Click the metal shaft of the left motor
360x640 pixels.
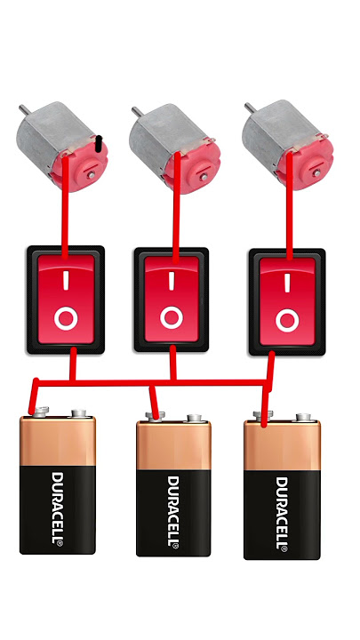tap(24, 109)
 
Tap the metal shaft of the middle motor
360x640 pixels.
tap(137, 111)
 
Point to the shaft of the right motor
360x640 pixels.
tap(250, 108)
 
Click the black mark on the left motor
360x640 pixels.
tap(98, 145)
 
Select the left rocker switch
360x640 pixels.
tap(65, 300)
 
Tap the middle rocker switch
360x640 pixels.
tap(172, 300)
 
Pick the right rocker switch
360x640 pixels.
tap(287, 301)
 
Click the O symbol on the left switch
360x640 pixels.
tap(66, 319)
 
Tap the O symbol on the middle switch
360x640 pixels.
tap(172, 317)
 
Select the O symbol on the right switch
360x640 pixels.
tap(287, 320)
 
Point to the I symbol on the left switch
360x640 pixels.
tap(66, 281)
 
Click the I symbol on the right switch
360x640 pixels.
tap(287, 283)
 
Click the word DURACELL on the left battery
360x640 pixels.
tap(57, 508)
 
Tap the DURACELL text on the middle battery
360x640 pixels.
tap(173, 511)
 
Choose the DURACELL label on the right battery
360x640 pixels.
tap(282, 513)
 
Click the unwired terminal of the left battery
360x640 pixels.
tap(79, 413)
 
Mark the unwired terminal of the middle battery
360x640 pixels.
tap(194, 418)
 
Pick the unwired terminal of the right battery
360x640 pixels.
tap(303, 417)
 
